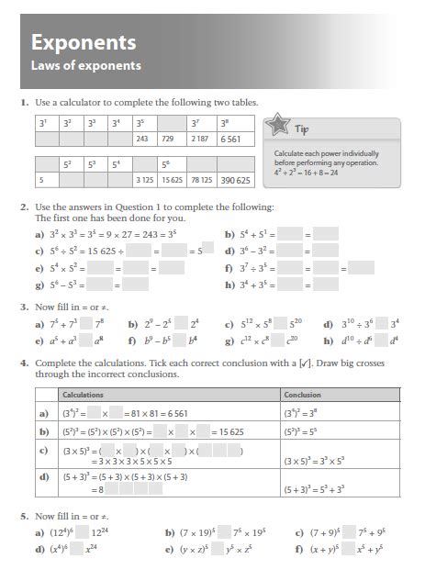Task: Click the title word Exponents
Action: pos(84,42)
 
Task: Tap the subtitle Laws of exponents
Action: pos(86,66)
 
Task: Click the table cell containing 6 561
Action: pos(231,140)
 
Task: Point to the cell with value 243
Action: pos(142,140)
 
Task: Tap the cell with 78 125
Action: pos(203,180)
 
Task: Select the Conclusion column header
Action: pos(304,395)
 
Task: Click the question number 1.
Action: pos(26,101)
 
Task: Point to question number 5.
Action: pos(26,517)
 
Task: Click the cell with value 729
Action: pos(169,140)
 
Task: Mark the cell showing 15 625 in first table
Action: pos(172,180)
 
